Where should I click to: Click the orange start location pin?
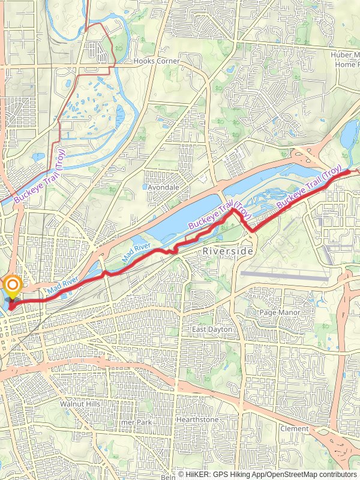pos(11,286)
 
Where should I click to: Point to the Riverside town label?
pos(228,251)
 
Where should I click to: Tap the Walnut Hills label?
pos(80,404)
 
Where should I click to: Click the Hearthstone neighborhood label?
pos(197,420)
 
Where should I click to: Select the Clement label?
pos(294,429)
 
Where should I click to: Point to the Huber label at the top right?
pos(344,55)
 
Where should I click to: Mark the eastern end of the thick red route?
pos(349,172)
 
